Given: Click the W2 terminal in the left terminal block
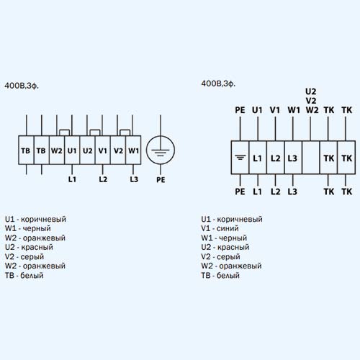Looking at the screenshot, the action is [x=57, y=150].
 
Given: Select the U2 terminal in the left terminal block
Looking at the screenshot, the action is [x=88, y=150].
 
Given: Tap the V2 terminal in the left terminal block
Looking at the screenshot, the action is [x=118, y=150].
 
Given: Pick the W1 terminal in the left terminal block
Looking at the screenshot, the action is [x=133, y=150].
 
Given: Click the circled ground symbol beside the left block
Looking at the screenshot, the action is [x=161, y=150].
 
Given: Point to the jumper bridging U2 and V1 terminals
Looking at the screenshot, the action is [x=95, y=130].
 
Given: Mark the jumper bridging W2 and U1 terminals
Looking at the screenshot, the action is [x=65, y=130].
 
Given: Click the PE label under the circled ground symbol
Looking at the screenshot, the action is [x=161, y=180].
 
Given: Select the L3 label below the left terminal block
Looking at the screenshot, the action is [x=134, y=179].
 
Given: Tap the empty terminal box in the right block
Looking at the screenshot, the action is [x=311, y=158].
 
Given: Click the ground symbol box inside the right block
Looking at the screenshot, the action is [x=240, y=158].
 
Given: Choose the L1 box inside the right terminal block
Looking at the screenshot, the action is [x=258, y=158].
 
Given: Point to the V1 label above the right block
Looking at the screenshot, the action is [x=275, y=110].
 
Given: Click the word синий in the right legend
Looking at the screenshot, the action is [x=228, y=228].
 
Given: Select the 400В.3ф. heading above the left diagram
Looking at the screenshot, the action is [x=22, y=86].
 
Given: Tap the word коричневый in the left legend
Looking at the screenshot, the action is [x=43, y=219].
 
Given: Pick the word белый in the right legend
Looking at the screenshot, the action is [x=228, y=275].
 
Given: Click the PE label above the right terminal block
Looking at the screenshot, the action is [x=240, y=110].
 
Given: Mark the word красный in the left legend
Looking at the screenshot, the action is [x=37, y=247].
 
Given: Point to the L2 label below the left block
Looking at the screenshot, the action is [x=103, y=179].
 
